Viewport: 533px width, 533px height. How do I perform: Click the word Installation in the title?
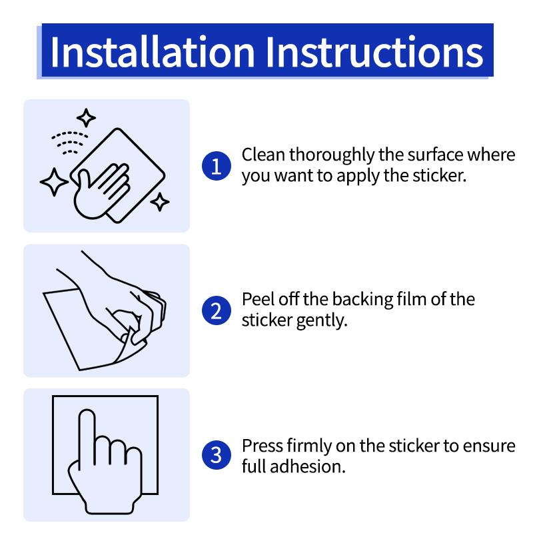pyautogui.click(x=153, y=52)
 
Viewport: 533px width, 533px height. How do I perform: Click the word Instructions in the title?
pyautogui.click(x=374, y=52)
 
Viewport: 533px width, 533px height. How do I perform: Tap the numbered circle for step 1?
pyautogui.click(x=216, y=166)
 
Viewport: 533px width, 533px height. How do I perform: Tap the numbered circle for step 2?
pyautogui.click(x=216, y=310)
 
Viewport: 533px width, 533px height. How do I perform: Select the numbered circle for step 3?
pyautogui.click(x=216, y=455)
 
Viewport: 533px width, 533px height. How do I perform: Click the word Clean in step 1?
pyautogui.click(x=263, y=155)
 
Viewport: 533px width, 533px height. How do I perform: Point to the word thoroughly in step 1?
pyautogui.click(x=331, y=156)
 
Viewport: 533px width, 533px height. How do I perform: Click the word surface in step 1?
pyautogui.click(x=436, y=155)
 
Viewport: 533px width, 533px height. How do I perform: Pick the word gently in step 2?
pyautogui.click(x=322, y=321)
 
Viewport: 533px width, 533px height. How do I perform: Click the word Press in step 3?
pyautogui.click(x=262, y=446)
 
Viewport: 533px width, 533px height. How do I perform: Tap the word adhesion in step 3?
pyautogui.click(x=308, y=467)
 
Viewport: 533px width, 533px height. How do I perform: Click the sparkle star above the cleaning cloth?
pyautogui.click(x=86, y=118)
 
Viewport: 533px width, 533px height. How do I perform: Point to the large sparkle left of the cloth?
pyautogui.click(x=55, y=182)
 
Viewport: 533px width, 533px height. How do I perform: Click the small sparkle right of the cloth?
pyautogui.click(x=160, y=202)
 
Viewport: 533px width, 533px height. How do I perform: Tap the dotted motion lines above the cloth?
pyautogui.click(x=70, y=143)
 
